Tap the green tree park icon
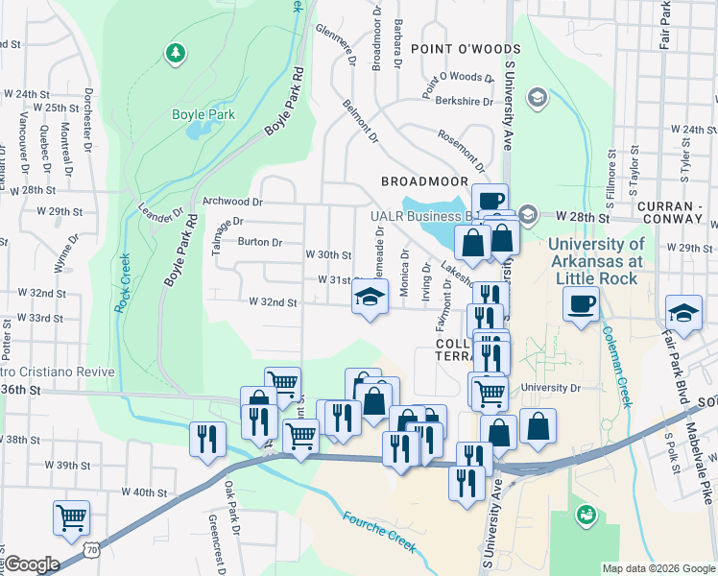(x=175, y=53)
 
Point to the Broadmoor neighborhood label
(x=423, y=180)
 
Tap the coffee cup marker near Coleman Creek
(x=581, y=305)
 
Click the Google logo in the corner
(x=31, y=564)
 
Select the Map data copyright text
(x=658, y=568)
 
